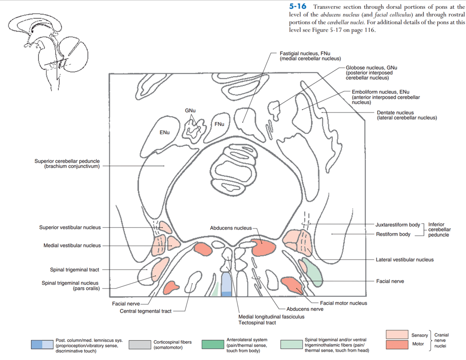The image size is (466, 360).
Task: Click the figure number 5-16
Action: coord(298,7)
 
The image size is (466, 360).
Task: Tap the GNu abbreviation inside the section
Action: coord(190,111)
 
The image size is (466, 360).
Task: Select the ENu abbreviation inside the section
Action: coord(164,133)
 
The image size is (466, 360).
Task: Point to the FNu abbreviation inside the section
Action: coord(219,124)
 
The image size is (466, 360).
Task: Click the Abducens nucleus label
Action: coord(231,228)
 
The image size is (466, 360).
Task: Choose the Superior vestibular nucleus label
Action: coord(70,228)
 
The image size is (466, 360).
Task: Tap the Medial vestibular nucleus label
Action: coord(72,246)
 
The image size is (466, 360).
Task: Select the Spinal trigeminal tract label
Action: coord(74,270)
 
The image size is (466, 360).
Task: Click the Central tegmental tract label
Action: coord(146,311)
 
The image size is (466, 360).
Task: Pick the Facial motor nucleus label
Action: coord(344,303)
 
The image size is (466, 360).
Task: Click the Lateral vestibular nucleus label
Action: coord(405,260)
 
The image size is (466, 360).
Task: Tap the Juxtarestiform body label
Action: coord(398,225)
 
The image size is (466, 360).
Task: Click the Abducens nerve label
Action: coord(304,309)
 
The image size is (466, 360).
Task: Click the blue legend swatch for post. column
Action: coord(42,345)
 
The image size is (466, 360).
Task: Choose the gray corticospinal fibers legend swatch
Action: coord(140,345)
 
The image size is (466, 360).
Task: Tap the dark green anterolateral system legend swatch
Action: coord(213,344)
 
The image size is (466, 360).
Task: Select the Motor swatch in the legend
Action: coord(397,345)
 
